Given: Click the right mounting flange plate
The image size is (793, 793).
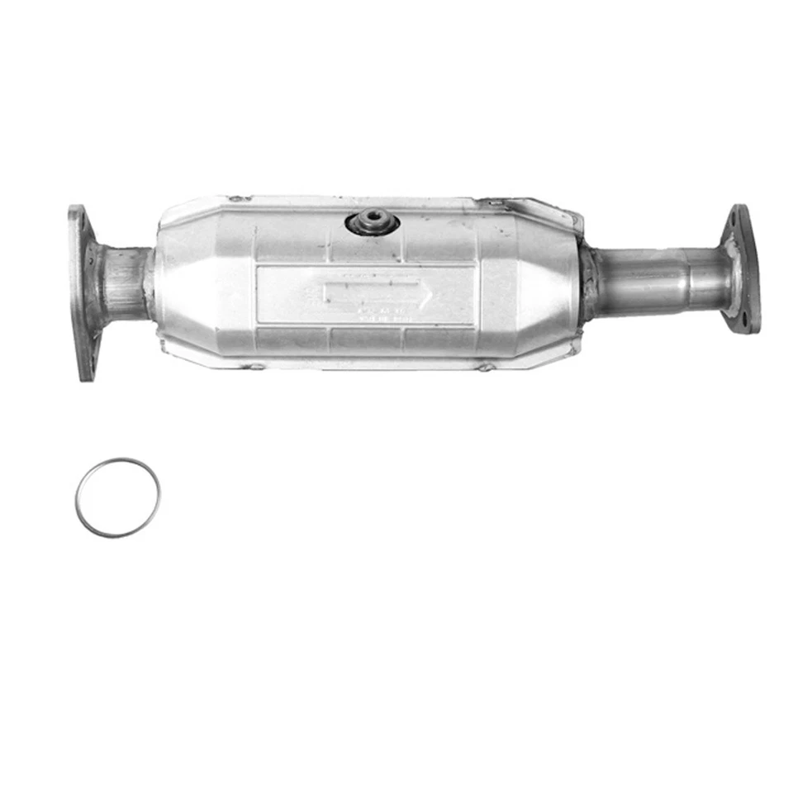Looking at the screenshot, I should pyautogui.click(x=740, y=269).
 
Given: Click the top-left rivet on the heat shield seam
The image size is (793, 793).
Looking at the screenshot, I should pyautogui.click(x=236, y=199).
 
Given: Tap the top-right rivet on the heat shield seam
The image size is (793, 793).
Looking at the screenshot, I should pyautogui.click(x=494, y=202).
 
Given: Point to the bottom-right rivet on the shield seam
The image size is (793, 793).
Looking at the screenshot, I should pyautogui.click(x=486, y=367).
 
